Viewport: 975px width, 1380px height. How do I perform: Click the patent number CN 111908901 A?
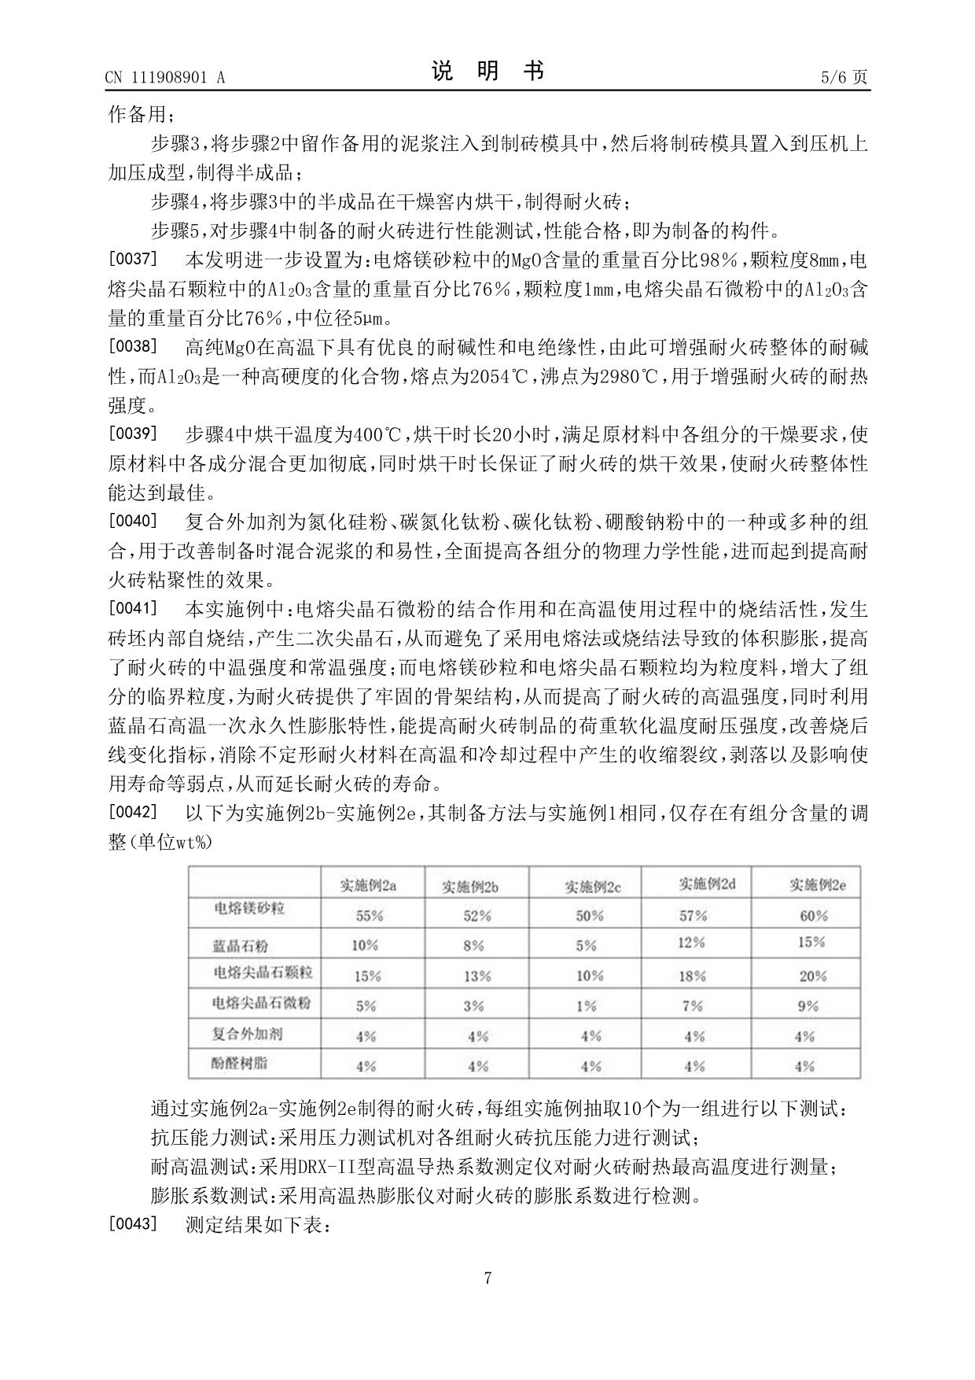(164, 77)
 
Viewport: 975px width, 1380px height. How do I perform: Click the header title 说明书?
(487, 72)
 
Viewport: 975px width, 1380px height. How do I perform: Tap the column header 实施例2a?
(368, 885)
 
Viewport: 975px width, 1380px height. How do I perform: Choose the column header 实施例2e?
(818, 885)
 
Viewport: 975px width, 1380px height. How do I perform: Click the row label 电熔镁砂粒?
(249, 909)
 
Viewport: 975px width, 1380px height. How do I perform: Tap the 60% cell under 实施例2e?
(813, 916)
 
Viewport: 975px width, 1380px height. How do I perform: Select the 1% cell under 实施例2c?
(586, 1006)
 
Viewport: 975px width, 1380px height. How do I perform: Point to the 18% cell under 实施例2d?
(692, 976)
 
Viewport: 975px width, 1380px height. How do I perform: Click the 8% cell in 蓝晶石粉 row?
(473, 946)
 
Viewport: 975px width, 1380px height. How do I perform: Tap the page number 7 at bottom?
(487, 1279)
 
